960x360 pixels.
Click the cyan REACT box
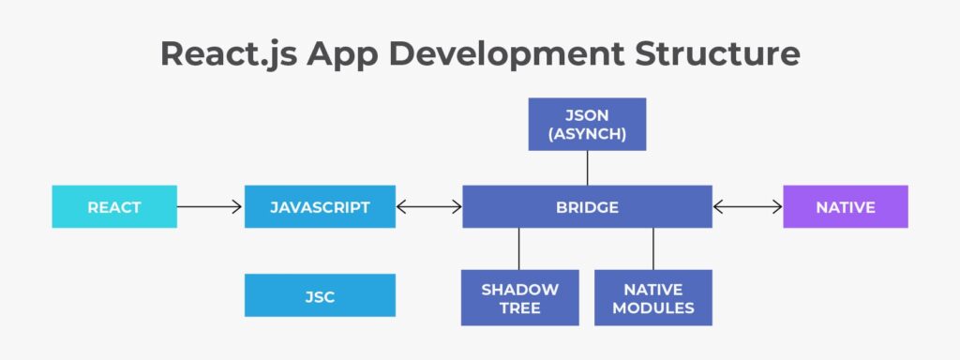(114, 207)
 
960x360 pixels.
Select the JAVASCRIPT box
(320, 207)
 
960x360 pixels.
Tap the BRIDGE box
(587, 207)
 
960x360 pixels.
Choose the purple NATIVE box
(846, 207)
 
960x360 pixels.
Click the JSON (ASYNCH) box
(587, 125)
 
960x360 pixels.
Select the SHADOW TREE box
(519, 297)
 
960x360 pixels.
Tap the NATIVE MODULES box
(653, 297)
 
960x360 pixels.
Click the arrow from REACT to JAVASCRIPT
(209, 207)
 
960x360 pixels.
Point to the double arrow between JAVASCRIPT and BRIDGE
(429, 207)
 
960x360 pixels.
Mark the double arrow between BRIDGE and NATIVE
(747, 207)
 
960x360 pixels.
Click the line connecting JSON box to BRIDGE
(587, 168)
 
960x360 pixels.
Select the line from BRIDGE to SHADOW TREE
(518, 249)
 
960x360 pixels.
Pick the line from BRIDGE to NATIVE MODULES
(653, 249)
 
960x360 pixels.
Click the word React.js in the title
(229, 55)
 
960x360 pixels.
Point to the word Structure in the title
(717, 53)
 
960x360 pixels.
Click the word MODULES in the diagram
(653, 307)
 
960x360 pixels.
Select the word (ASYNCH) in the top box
(587, 134)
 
